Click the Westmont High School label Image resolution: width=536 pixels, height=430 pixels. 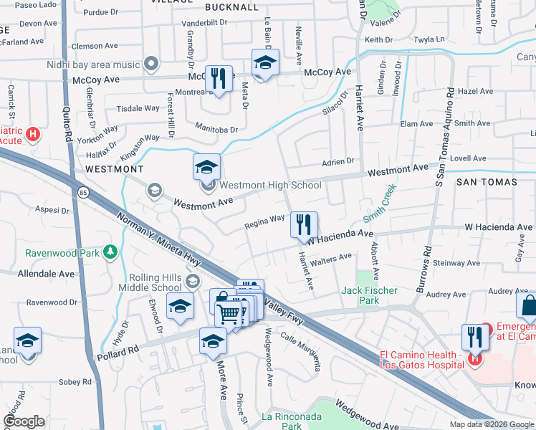pos(270,185)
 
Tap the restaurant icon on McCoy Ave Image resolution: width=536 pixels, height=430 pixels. pos(219,79)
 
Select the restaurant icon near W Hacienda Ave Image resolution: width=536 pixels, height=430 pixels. pos(304,224)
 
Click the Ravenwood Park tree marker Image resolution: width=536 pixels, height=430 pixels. pos(110,252)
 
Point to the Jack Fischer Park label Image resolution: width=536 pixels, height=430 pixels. pos(370,295)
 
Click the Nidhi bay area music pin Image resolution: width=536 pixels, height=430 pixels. pos(150,64)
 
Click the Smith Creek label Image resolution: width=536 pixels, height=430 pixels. pos(379,204)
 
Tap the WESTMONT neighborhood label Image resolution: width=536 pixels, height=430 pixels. pos(115,169)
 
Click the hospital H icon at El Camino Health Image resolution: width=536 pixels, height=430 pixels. pos(474,359)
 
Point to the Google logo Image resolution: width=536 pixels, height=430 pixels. pos(24,421)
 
